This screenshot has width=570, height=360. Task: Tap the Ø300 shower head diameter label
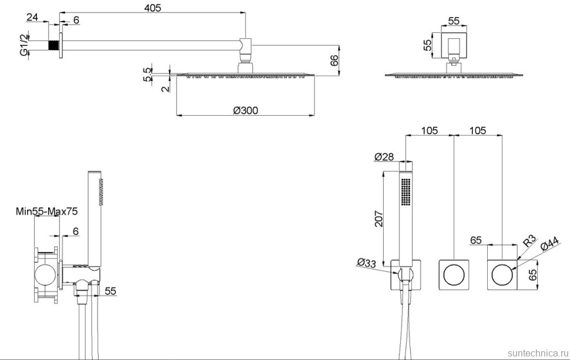click(245, 110)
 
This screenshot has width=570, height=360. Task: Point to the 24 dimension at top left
click(32, 18)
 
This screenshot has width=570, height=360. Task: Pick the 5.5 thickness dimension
click(147, 73)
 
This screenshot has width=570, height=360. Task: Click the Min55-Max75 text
click(47, 211)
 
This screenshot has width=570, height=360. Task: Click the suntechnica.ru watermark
click(534, 350)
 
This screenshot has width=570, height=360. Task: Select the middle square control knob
click(454, 274)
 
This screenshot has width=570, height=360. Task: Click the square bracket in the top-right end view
click(453, 46)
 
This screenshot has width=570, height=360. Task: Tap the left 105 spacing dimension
click(430, 130)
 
